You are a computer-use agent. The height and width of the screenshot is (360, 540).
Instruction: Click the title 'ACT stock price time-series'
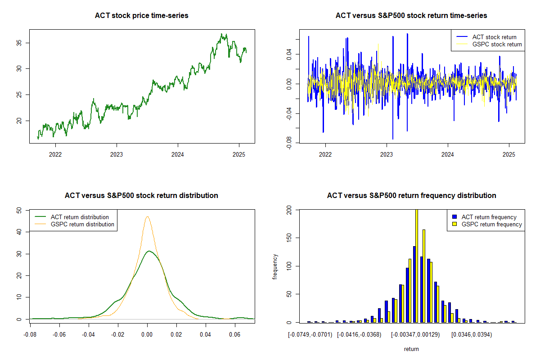pos(141,16)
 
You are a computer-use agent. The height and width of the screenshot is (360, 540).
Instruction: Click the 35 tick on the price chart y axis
pos(20,43)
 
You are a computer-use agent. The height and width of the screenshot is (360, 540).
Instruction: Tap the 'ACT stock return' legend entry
pos(494,37)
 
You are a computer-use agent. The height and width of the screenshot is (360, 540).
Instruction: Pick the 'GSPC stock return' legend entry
pos(497,44)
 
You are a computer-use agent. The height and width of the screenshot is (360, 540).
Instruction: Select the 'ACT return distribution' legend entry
pos(80,217)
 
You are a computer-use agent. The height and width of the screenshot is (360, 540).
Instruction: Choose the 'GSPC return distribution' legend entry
pos(82,224)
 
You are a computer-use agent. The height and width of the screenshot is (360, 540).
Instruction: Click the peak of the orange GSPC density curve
pos(147,217)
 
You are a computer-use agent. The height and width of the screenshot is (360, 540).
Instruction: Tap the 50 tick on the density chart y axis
pos(19,210)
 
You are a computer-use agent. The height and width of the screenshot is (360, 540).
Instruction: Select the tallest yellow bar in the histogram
pos(416,265)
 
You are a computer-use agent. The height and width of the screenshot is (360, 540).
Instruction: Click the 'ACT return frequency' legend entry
pos(489,217)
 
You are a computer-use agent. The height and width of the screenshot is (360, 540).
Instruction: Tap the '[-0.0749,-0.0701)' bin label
pos(310,335)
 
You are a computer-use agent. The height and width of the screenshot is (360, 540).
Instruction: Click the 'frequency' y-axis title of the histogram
pos(275,266)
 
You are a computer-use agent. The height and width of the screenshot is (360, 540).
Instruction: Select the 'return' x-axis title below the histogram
pos(411,349)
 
